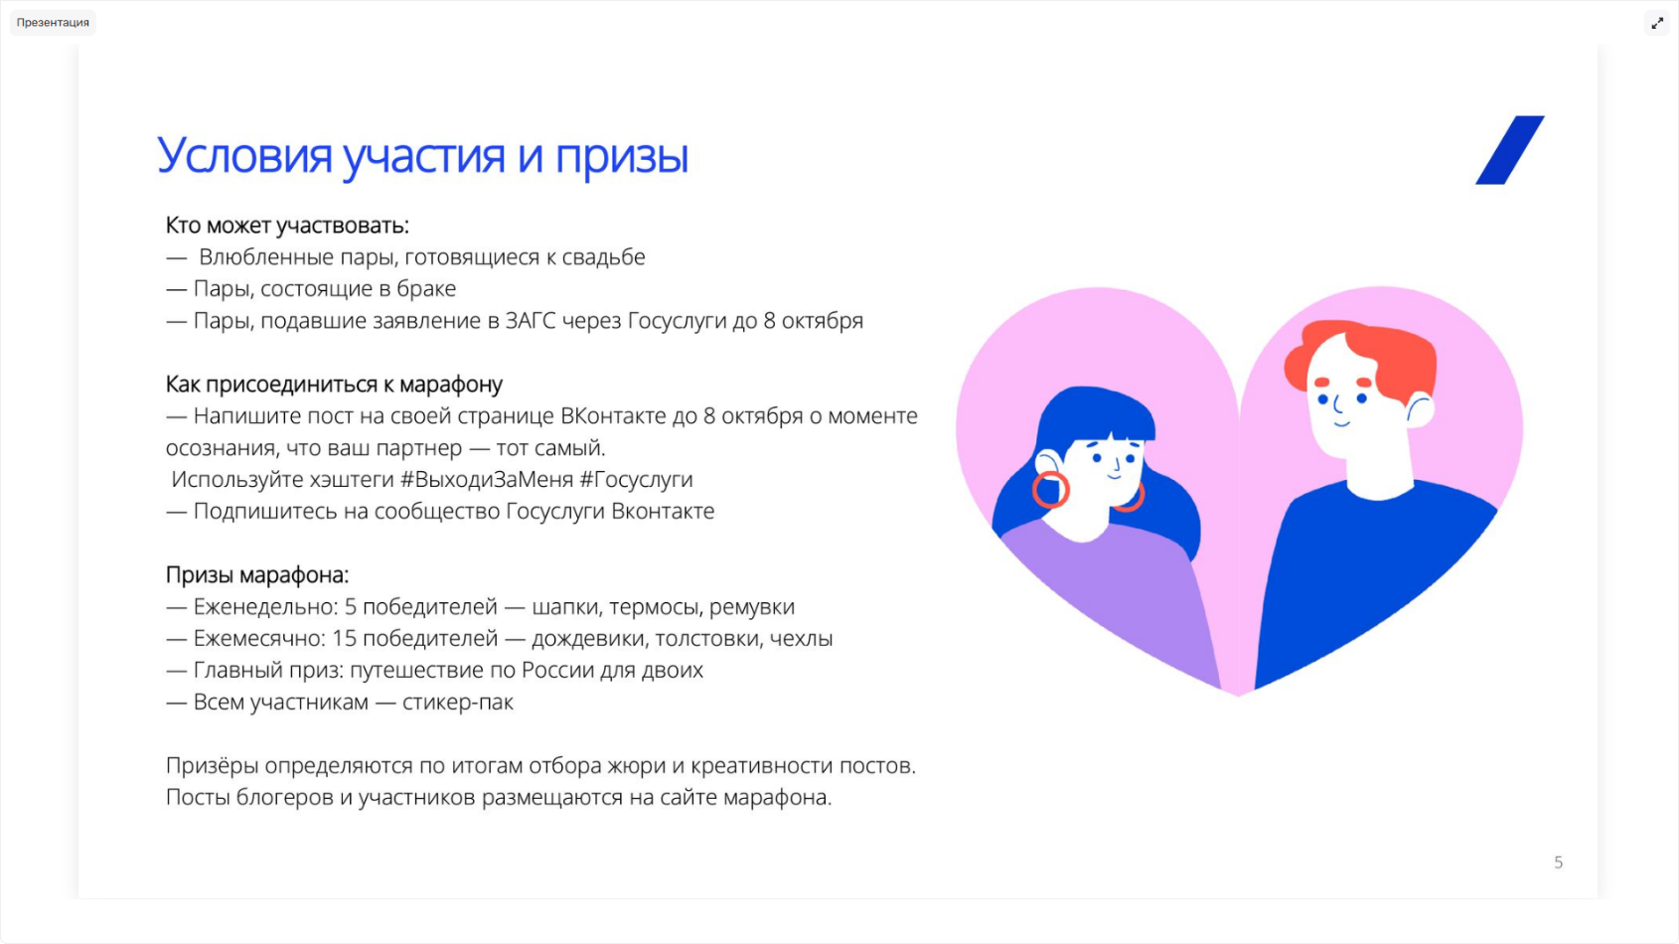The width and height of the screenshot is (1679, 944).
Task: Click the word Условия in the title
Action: coord(244,156)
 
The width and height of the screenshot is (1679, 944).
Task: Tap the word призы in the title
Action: coord(621,157)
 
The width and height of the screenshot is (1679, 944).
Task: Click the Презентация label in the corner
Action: coord(53,23)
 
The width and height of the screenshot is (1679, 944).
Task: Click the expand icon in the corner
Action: coord(1657,23)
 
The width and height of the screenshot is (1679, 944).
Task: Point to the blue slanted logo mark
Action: coord(1509,150)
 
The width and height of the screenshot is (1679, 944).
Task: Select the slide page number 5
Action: coord(1559,863)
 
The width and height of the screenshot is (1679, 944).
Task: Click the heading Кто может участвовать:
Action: coord(287,225)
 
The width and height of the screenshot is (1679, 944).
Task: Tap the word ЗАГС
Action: coord(530,320)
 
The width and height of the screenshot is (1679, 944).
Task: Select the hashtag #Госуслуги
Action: coord(637,480)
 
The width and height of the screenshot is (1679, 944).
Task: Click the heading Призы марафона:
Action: coord(257,575)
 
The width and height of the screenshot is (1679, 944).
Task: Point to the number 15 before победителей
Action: coord(344,638)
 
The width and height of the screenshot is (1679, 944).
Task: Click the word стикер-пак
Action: coord(458,703)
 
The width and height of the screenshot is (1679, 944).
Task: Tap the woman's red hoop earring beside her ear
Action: coord(1049,490)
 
